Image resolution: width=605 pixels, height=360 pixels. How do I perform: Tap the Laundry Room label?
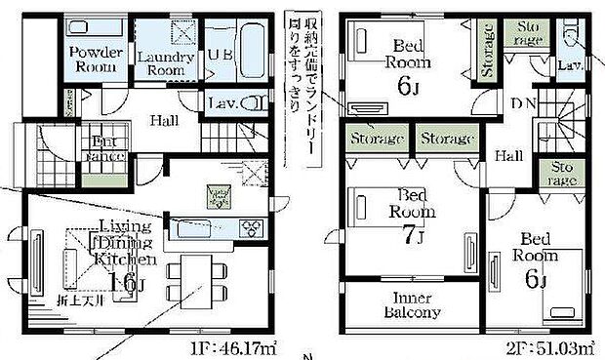[159, 63]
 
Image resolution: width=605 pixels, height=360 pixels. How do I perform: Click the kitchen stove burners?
[252, 228]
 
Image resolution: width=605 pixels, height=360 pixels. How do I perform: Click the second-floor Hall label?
[507, 155]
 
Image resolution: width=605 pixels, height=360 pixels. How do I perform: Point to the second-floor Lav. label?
[571, 66]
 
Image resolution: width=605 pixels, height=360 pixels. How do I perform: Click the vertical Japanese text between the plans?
[295, 68]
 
